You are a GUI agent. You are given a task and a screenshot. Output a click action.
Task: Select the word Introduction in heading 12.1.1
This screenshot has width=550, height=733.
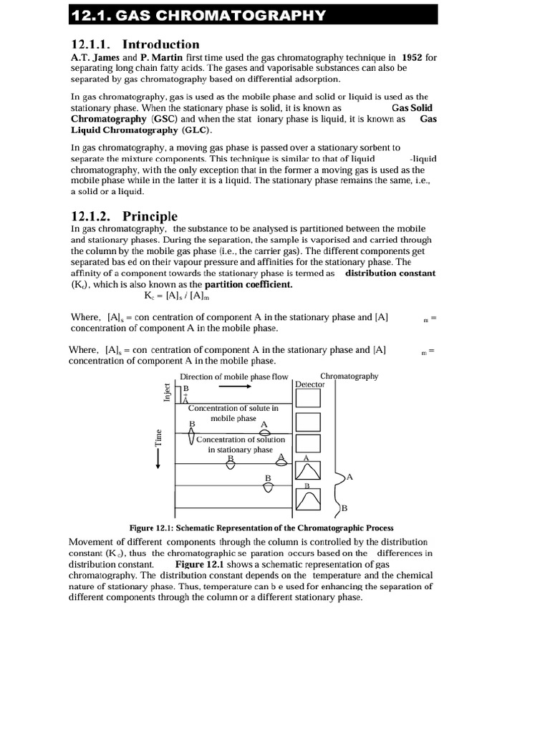pos(161,44)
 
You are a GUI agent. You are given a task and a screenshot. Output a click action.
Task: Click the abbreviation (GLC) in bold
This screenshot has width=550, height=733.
pos(193,130)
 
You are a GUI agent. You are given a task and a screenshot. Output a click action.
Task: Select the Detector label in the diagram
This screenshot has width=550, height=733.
pos(309,384)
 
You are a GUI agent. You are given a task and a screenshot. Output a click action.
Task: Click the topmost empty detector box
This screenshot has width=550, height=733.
pos(307,398)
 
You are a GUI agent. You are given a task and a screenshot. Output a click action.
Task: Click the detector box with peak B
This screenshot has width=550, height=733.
pos(307,500)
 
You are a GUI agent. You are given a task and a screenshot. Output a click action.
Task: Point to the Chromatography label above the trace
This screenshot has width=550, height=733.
pos(349,376)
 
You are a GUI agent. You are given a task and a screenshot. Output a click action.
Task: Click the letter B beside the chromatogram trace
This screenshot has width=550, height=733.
pos(344,508)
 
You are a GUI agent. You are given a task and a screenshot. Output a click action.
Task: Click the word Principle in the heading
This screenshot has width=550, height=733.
pos(150,216)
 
